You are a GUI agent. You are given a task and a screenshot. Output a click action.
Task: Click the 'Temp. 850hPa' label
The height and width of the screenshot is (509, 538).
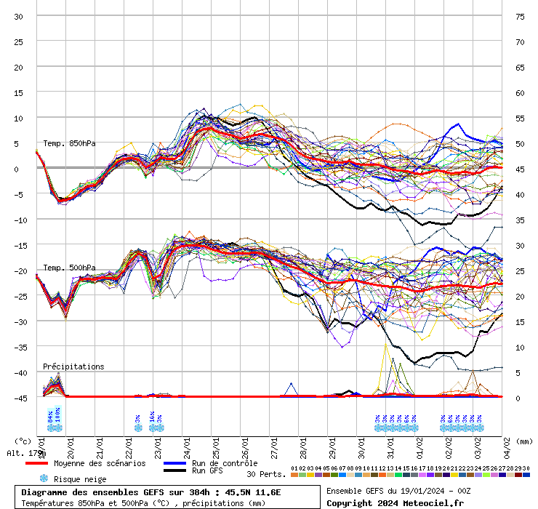pos(69,144)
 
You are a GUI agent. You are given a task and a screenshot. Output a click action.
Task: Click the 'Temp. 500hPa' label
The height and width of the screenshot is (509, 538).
pos(69,268)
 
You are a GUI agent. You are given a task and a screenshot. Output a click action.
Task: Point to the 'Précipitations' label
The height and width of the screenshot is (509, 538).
pos(73,366)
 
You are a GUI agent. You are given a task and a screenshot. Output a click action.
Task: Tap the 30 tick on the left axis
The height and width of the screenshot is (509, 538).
pos(19,16)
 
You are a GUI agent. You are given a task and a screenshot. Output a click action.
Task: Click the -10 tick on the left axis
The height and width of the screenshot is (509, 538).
pos(19,220)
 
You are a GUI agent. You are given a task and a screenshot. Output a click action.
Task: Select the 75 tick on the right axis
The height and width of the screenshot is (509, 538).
pos(520,16)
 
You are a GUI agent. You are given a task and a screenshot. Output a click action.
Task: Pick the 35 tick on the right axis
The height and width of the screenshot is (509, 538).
pos(520,220)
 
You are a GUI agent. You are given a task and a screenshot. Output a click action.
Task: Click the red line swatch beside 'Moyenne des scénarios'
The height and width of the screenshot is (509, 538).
pos(36,463)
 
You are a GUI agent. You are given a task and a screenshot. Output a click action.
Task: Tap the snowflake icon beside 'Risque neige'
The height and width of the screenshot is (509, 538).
pos(44,478)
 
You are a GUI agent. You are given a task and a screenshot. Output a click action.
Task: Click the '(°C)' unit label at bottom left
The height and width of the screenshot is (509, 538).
pos(23,441)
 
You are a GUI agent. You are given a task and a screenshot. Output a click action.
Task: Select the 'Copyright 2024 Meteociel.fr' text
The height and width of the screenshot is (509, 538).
pos(395,502)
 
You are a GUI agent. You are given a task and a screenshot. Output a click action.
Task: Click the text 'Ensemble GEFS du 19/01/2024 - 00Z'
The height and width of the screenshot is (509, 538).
pos(399,492)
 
